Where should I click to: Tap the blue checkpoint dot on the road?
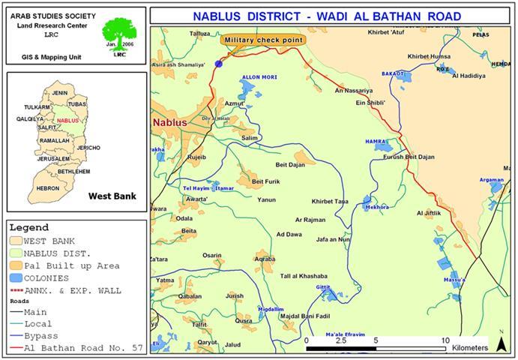tap(219, 64)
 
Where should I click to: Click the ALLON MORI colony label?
tap(259, 78)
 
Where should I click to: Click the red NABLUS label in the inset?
tap(67, 120)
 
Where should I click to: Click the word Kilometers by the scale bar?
tap(469, 349)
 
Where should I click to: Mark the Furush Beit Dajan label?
tap(409, 157)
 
